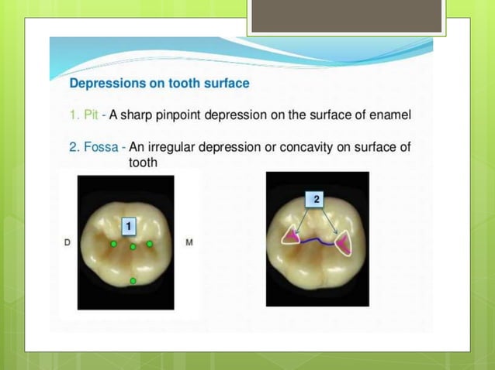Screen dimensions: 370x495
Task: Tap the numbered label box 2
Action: [x=317, y=200]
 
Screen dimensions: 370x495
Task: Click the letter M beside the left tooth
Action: [x=190, y=244]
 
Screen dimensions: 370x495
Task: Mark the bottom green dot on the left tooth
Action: [x=133, y=280]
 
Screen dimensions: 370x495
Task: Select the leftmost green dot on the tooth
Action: [x=113, y=244]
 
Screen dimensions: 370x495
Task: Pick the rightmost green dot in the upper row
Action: [x=150, y=244]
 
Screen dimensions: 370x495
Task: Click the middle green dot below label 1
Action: [x=133, y=247]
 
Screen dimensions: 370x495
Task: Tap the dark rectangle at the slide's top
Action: [x=347, y=15]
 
